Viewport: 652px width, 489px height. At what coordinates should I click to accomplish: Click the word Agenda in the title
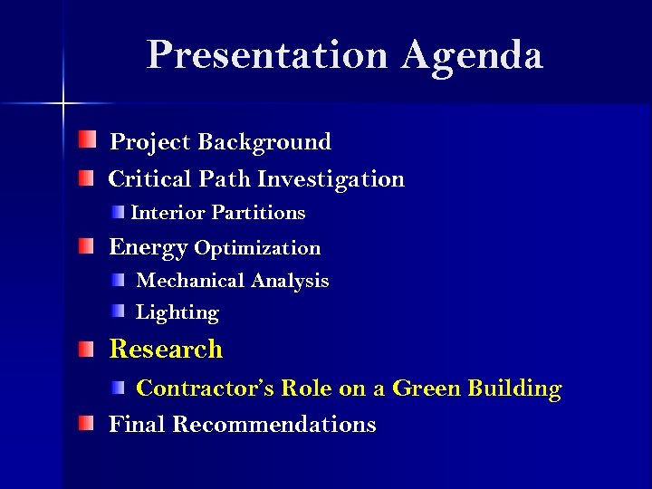coord(473,56)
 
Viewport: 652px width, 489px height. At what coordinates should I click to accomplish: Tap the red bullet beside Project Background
coord(85,139)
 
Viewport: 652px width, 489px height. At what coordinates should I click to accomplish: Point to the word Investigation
coord(331,179)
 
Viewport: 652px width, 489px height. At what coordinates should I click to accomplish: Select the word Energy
coord(149,248)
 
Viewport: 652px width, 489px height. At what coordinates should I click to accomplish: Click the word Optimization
coord(257,248)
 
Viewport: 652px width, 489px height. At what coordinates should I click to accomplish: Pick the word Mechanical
coord(190,281)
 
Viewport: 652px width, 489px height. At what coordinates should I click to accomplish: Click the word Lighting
coord(177,313)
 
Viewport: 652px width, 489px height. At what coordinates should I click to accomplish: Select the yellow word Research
coord(166,349)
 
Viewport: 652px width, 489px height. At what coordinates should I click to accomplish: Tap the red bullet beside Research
coord(85,348)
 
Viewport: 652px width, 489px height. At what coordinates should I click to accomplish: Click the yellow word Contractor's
coord(206,388)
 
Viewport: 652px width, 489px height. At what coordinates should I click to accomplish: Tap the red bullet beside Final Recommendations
coord(85,423)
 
